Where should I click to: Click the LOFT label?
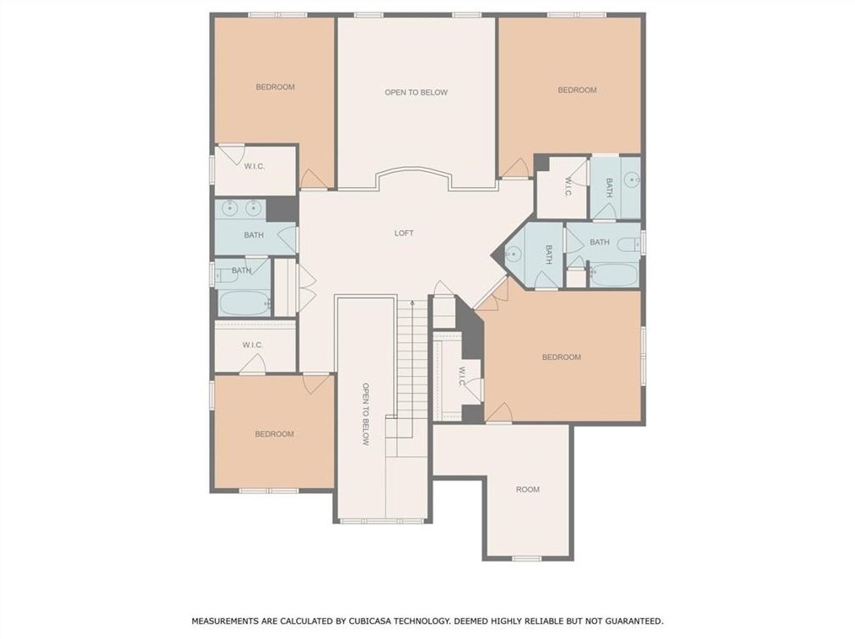pyautogui.click(x=404, y=233)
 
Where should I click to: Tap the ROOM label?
pyautogui.click(x=528, y=490)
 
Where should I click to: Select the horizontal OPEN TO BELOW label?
pyautogui.click(x=416, y=93)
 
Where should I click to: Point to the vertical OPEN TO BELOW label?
pyautogui.click(x=365, y=415)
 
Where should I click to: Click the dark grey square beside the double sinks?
pyautogui.click(x=282, y=209)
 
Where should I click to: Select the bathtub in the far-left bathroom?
pyautogui.click(x=245, y=302)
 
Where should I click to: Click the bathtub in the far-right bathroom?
pyautogui.click(x=614, y=275)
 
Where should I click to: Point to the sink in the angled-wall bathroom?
pyautogui.click(x=514, y=254)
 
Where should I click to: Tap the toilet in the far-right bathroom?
pyautogui.click(x=628, y=244)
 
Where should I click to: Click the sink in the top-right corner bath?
pyautogui.click(x=632, y=179)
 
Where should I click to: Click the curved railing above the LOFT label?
pyautogui.click(x=414, y=169)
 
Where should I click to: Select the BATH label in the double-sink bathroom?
pyautogui.click(x=254, y=235)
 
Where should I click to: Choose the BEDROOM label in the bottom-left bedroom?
pyautogui.click(x=274, y=434)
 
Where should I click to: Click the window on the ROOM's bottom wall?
pyautogui.click(x=527, y=558)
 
